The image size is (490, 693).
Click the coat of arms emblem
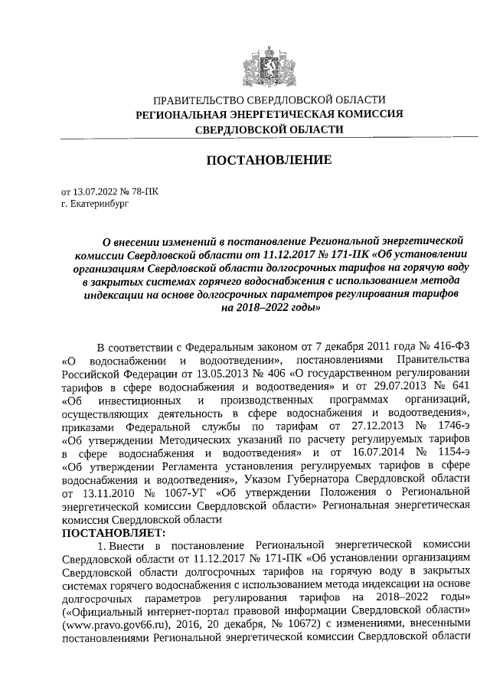point(268,60)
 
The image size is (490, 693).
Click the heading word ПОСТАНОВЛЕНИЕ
point(267,160)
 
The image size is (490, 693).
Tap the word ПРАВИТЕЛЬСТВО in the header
point(198,100)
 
